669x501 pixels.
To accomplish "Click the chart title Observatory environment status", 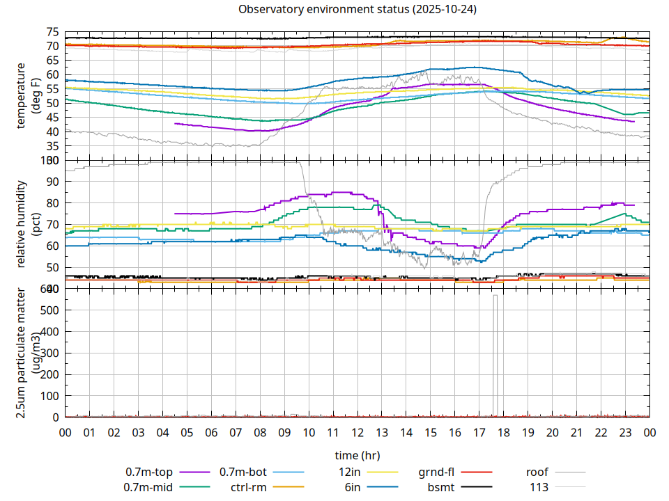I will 357,10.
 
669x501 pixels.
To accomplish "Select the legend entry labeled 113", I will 539,487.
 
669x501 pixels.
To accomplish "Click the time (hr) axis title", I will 357,456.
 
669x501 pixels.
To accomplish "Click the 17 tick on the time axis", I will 479,433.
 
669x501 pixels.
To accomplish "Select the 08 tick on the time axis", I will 260,433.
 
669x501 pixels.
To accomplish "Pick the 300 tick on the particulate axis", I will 47,353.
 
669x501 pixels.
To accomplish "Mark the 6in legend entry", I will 352,487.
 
